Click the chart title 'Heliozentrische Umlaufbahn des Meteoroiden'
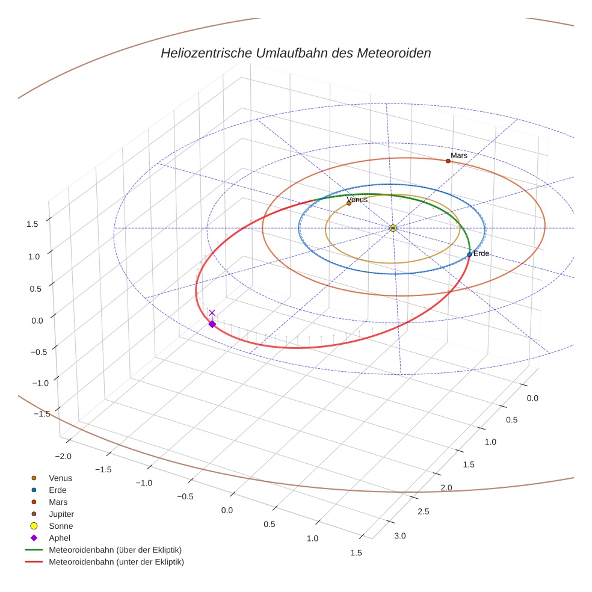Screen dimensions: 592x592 [295, 53]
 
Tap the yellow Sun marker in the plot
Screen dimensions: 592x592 [392, 228]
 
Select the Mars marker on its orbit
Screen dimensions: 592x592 [448, 161]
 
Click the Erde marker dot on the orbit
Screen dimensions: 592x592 [469, 254]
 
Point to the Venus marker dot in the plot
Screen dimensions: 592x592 [349, 203]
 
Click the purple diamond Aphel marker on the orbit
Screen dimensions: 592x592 [212, 324]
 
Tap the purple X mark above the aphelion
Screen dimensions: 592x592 [212, 313]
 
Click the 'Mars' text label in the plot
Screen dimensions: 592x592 [458, 155]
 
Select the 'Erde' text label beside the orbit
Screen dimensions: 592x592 [481, 254]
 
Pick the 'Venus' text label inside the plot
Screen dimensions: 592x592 [357, 199]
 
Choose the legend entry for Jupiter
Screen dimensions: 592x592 [61, 514]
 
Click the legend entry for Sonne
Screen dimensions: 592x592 [61, 526]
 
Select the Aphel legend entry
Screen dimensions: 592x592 [59, 538]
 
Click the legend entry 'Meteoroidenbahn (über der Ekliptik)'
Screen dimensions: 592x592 [115, 550]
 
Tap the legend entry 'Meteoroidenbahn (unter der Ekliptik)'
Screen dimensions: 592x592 [116, 562]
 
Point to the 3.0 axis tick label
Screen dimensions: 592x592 [399, 535]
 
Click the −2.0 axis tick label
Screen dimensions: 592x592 [63, 456]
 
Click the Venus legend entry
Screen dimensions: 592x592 [60, 478]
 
